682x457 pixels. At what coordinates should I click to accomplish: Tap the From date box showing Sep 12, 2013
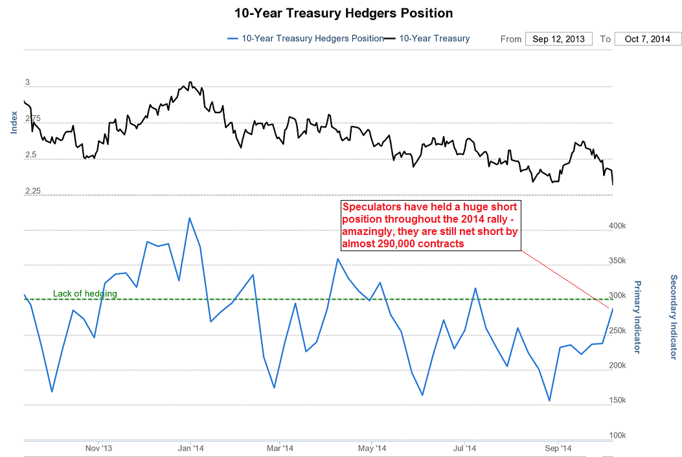(558, 39)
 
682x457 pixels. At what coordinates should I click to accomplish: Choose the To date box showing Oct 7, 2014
(648, 39)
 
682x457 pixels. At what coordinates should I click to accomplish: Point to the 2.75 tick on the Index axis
(32, 119)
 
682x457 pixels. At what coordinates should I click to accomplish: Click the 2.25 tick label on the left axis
(32, 192)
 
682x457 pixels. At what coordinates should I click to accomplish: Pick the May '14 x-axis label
(373, 448)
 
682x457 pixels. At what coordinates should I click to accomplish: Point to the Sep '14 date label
(558, 448)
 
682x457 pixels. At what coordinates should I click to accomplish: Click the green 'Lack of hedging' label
(85, 294)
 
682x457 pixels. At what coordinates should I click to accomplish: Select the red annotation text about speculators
(431, 225)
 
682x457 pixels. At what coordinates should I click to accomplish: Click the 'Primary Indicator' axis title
(637, 317)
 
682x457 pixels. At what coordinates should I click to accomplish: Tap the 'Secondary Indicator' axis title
(674, 317)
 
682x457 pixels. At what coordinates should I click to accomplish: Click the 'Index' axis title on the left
(14, 122)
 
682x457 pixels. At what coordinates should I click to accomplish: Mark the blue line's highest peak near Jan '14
(189, 218)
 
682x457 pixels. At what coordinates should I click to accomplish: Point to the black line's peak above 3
(190, 82)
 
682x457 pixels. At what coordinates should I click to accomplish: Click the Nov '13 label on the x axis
(99, 448)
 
